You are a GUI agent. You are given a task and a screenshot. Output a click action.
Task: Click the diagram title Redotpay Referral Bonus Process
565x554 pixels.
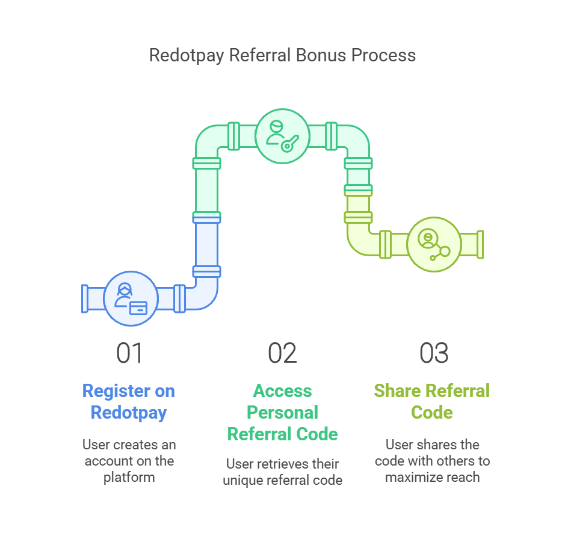tap(283, 56)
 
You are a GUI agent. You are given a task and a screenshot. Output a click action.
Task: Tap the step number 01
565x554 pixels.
tap(130, 353)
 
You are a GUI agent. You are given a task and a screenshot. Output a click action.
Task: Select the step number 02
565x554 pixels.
tap(283, 353)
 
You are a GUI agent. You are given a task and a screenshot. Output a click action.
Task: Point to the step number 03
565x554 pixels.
tap(434, 353)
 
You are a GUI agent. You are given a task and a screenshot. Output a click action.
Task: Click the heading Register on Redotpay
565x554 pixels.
tap(129, 402)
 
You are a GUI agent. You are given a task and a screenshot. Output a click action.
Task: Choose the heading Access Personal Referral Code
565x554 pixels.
tap(283, 413)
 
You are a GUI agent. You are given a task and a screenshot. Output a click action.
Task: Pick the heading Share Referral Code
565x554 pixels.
tap(431, 402)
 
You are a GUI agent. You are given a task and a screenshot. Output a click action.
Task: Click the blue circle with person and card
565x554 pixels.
tap(131, 298)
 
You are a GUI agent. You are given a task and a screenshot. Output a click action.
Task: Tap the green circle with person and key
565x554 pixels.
tap(283, 136)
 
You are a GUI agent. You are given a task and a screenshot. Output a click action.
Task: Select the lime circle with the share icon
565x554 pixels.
tap(434, 244)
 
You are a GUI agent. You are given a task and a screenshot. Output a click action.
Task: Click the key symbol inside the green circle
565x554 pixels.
tap(290, 144)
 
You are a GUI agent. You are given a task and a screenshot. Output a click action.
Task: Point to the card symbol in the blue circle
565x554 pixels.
tap(138, 308)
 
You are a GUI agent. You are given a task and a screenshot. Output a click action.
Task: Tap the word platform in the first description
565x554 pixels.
tap(129, 478)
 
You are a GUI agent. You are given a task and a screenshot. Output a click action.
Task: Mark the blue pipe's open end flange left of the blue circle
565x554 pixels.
tap(85, 298)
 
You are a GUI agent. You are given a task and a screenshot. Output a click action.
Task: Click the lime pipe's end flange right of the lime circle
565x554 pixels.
tap(480, 244)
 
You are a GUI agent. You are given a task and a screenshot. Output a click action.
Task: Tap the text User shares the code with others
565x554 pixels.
tap(433, 453)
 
